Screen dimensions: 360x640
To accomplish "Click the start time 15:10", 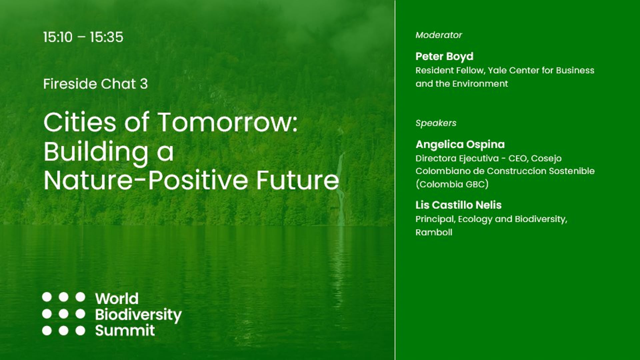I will point(58,37).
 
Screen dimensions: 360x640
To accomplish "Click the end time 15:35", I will point(106,37).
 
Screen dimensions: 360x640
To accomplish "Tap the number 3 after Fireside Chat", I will point(144,84).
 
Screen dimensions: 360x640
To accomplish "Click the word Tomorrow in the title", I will point(227,122).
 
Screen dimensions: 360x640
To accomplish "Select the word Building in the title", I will point(96,152).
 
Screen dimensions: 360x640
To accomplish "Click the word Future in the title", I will point(297,180).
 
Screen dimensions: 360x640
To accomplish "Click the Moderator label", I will point(438,35).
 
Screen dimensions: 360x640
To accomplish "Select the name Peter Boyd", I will point(444,56).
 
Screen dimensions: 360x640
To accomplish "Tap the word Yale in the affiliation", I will point(497,70).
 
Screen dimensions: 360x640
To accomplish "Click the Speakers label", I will point(436,123).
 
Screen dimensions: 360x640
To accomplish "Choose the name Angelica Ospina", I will point(460,144).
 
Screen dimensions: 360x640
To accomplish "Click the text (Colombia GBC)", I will point(452,184).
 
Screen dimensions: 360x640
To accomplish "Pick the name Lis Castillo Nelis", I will point(458,205).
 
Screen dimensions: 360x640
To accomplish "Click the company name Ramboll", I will point(434,232).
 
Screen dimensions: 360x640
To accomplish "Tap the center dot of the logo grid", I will point(63,314).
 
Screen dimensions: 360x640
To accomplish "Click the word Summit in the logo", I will point(125,330).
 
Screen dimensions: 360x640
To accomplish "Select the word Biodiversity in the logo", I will point(138,315).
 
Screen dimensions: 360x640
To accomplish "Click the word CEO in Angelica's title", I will point(517,158).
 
